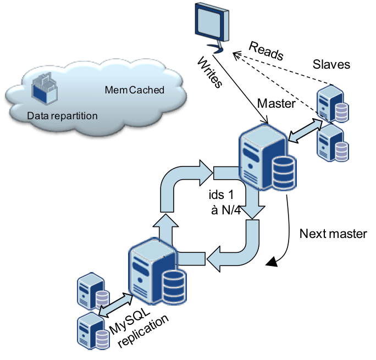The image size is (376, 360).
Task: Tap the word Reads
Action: point(266,51)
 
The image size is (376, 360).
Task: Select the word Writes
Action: point(209,72)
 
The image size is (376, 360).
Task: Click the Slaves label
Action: point(331,64)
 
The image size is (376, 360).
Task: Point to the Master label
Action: point(276,103)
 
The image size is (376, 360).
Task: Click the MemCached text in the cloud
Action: point(135,90)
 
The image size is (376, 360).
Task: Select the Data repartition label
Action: point(62,116)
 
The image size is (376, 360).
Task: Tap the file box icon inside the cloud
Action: point(45,88)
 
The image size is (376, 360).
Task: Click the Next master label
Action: point(333,234)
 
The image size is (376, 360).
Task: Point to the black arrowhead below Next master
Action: point(272,262)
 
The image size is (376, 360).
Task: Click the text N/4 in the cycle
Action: point(231,210)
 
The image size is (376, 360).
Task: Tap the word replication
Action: point(143,331)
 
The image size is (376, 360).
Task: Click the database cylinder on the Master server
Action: point(284,173)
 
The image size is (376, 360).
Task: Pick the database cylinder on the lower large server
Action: point(174,287)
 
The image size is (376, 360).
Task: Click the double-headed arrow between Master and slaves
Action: point(305,131)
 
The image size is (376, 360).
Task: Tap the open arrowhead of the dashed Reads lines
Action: point(237,56)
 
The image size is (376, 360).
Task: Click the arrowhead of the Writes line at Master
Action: point(265,120)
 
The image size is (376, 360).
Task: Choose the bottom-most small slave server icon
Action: point(93,331)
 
